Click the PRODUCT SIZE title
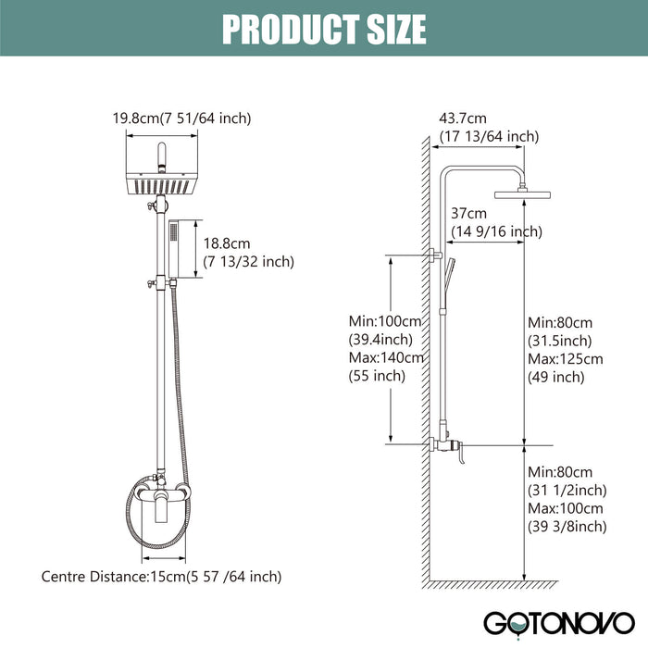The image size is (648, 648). (x=324, y=30)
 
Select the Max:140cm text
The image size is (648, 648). (x=386, y=357)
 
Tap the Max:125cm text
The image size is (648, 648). (x=565, y=358)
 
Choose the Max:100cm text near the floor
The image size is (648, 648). (x=565, y=508)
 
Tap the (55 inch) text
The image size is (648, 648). (x=377, y=376)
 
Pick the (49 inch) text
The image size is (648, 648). (x=555, y=377)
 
